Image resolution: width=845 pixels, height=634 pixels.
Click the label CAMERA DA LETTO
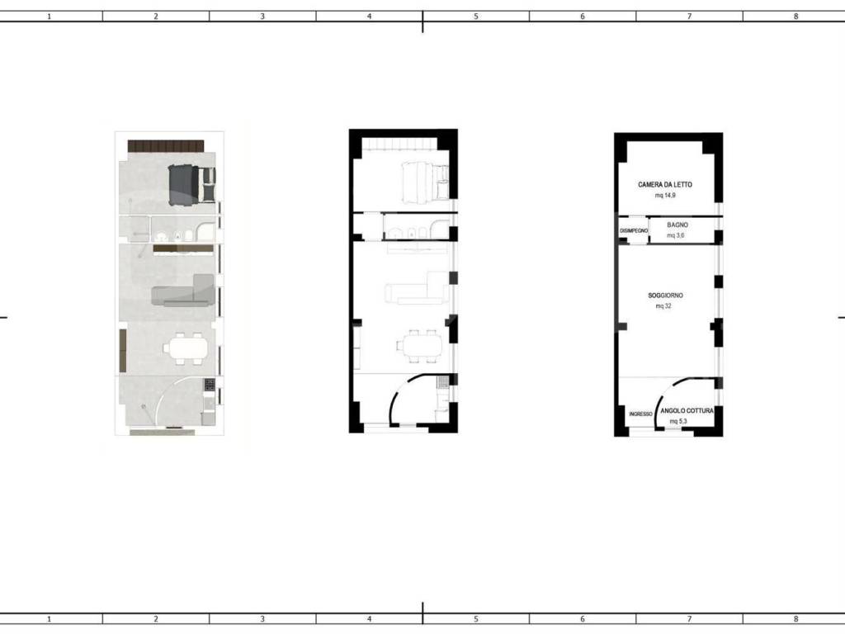point(665,184)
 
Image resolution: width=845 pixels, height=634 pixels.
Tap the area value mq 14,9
point(665,195)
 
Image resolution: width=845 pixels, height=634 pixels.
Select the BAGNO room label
point(677,225)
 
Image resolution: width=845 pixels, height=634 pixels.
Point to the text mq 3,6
point(676,235)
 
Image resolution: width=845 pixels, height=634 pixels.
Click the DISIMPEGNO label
point(634,231)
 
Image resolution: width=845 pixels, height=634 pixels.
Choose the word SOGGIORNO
point(666,296)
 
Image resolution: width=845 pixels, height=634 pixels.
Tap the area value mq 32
point(663,306)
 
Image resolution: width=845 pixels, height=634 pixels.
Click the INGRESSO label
point(640,414)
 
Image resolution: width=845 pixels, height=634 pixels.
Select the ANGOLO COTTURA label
point(687,411)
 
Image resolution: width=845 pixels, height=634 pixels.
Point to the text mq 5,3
point(678,421)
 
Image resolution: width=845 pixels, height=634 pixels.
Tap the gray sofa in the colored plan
point(183,291)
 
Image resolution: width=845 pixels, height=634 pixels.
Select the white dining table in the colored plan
point(184,348)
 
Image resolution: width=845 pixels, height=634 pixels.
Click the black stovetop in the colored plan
point(209,385)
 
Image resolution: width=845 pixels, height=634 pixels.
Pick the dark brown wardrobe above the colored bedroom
point(166,146)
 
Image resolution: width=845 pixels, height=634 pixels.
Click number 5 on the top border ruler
point(476,17)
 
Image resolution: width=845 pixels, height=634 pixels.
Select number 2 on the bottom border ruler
point(156,619)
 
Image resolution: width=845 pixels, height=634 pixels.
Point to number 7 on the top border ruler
point(689,17)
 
